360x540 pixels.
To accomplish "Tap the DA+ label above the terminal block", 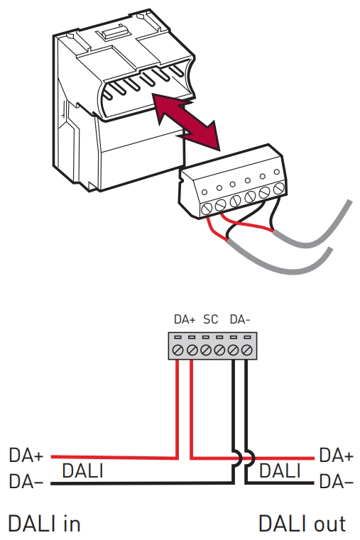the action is [x=185, y=319].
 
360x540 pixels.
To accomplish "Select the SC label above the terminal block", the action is [x=210, y=319].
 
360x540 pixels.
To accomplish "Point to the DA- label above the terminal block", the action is [x=239, y=319].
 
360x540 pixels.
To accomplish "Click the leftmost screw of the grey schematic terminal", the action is [x=178, y=351].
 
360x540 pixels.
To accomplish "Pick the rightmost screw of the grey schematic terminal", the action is [x=246, y=351].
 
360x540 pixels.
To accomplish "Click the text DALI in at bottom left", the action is [x=44, y=524].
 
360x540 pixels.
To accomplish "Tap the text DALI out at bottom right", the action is [x=302, y=524].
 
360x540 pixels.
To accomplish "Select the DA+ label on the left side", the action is [x=26, y=456].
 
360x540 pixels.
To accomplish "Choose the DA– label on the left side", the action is [x=26, y=481].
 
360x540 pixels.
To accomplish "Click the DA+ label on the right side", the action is [x=337, y=456].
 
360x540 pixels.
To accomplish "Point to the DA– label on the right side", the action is [x=337, y=481].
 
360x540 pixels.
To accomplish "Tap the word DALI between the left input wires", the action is [x=82, y=470].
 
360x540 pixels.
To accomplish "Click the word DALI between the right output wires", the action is [x=280, y=470].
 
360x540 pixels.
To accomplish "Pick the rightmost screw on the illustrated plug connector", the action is [x=279, y=188].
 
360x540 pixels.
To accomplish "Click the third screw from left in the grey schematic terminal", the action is [x=206, y=351].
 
